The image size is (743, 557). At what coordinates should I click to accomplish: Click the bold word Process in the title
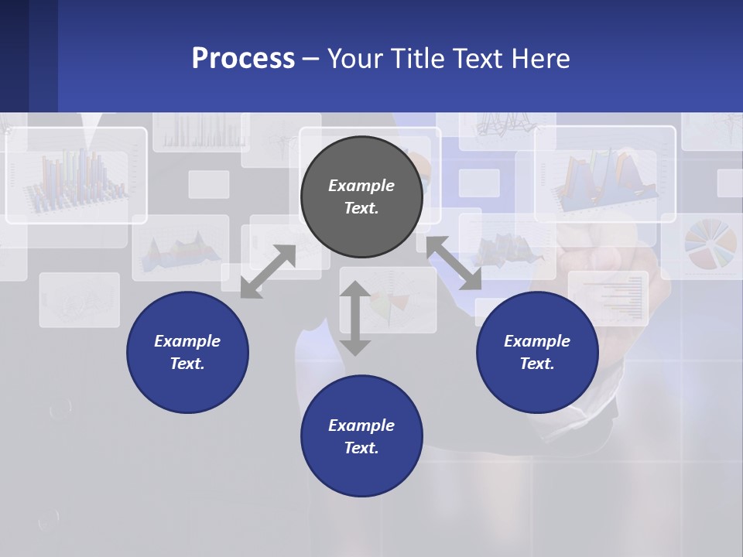click(x=243, y=58)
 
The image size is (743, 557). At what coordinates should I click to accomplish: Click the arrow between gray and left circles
click(x=268, y=272)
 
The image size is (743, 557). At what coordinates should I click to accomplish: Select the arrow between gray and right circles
click(x=454, y=264)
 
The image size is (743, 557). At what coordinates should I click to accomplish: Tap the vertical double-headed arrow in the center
click(x=355, y=318)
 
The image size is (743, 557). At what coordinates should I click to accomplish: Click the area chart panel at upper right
click(x=605, y=175)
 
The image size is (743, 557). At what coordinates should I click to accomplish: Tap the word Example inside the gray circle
click(x=361, y=186)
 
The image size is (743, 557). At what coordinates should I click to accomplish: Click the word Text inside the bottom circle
click(x=361, y=448)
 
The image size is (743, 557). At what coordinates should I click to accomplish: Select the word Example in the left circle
click(x=187, y=341)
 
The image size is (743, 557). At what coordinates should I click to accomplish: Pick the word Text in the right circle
click(x=537, y=364)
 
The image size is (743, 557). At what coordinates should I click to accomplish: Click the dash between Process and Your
click(x=310, y=58)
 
